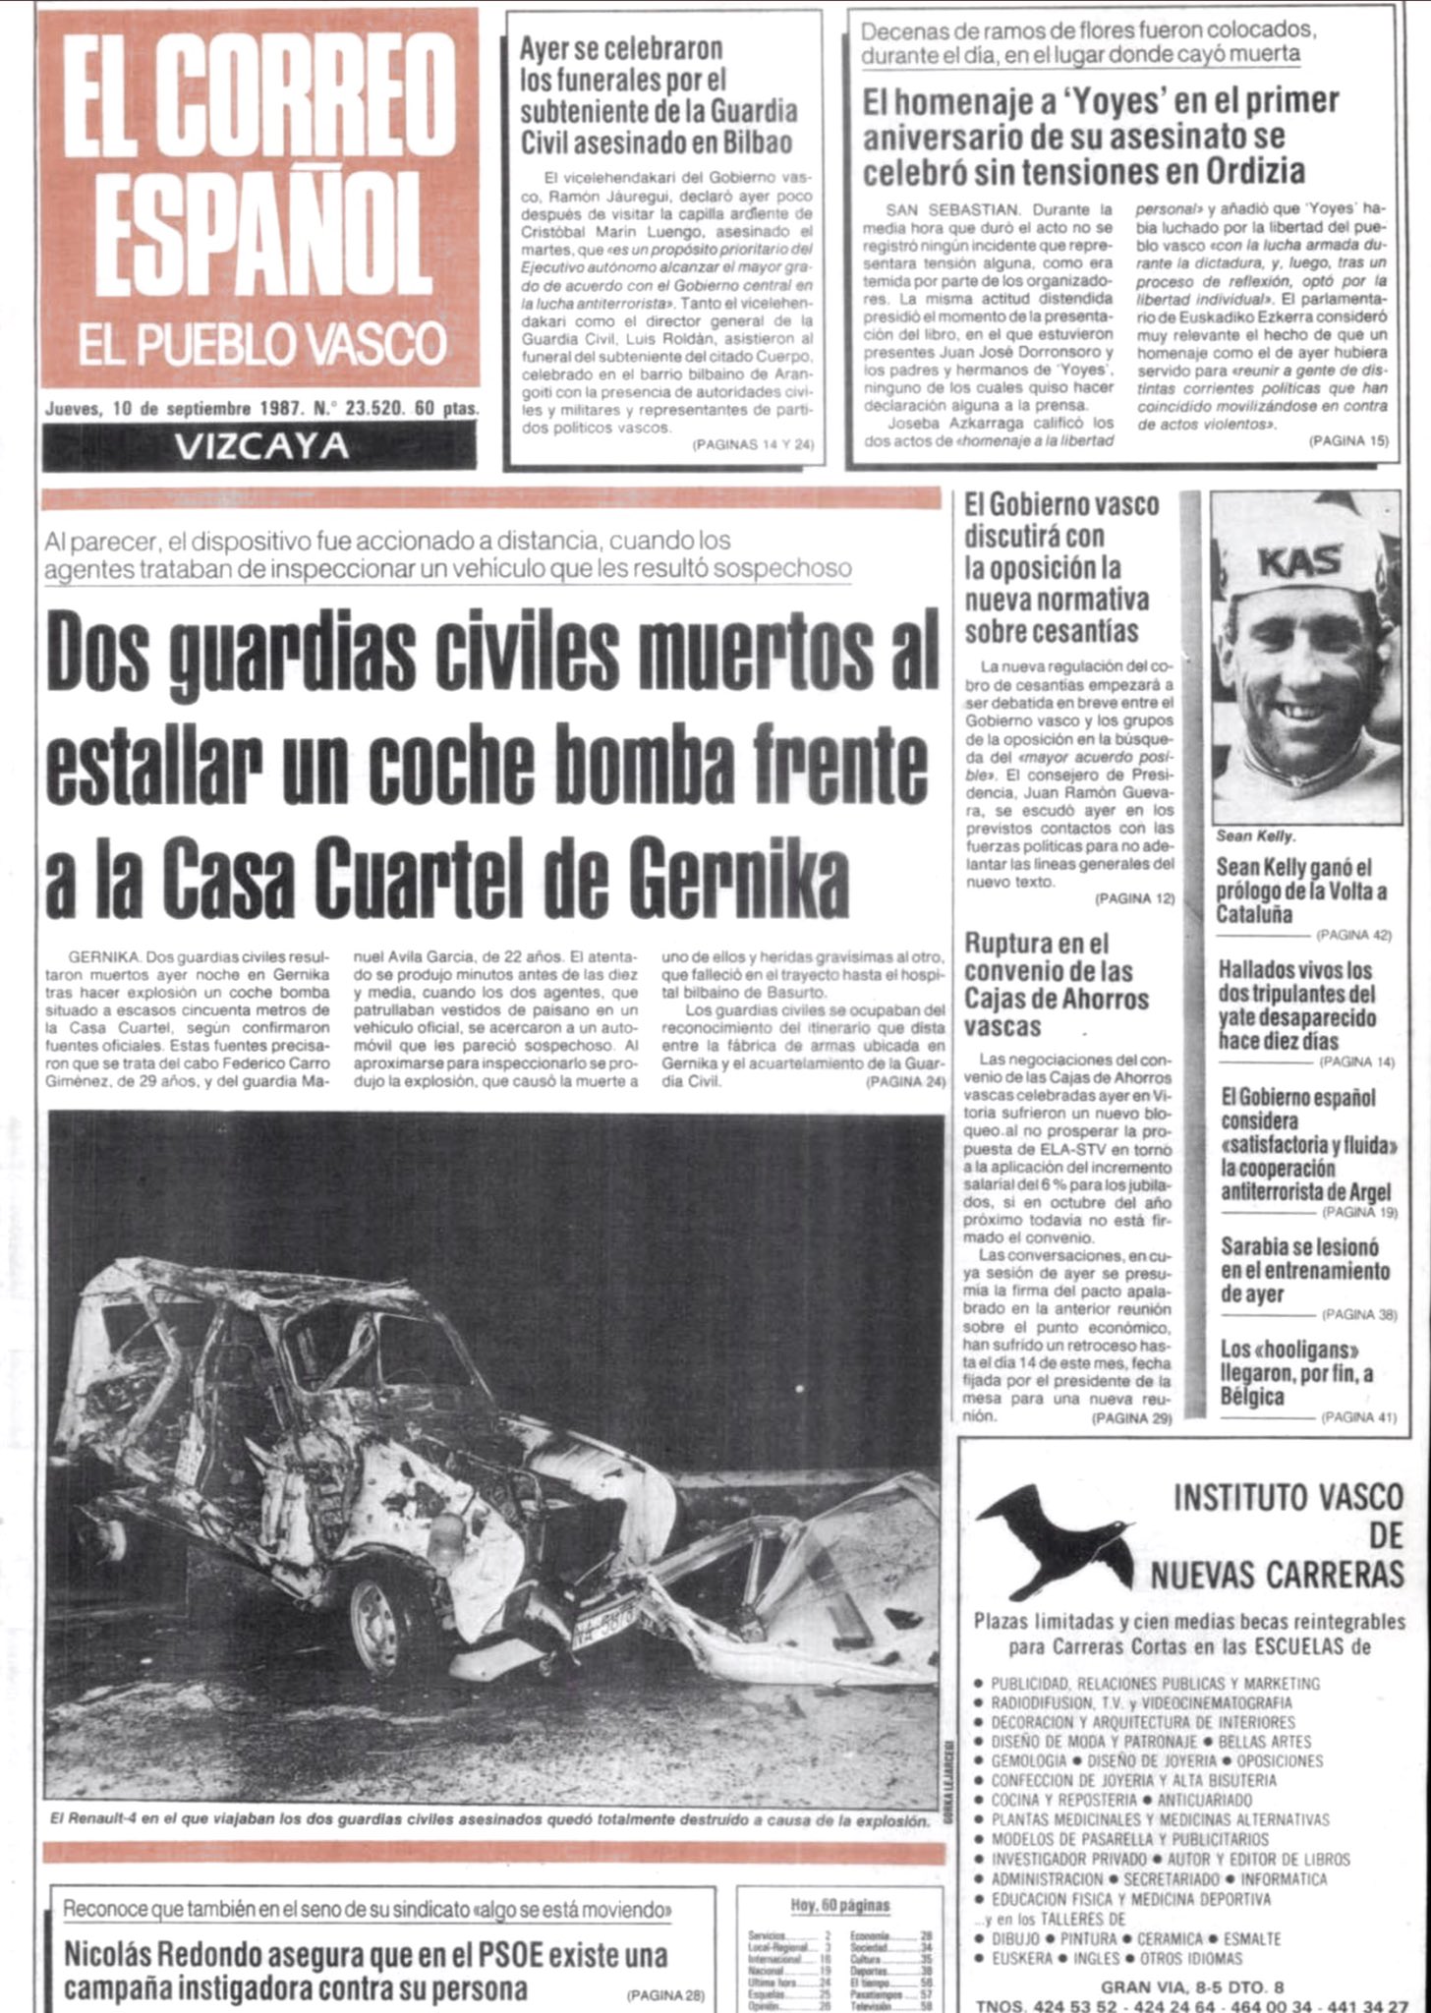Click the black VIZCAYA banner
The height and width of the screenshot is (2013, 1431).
259,446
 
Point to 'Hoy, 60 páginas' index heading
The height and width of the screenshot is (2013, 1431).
839,1905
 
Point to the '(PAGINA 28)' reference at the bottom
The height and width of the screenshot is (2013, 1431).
665,1995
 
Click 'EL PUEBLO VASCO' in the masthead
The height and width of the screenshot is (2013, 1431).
261,345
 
